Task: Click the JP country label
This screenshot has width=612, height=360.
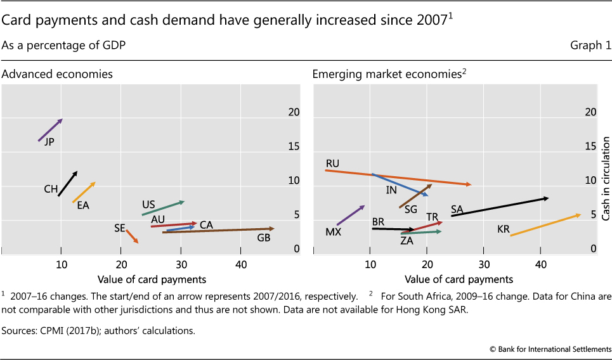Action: click(49, 142)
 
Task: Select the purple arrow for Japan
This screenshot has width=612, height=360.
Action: click(50, 130)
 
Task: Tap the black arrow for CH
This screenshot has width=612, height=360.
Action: click(67, 184)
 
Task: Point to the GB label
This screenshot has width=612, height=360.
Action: click(264, 238)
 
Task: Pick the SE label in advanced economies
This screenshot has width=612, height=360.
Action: click(119, 228)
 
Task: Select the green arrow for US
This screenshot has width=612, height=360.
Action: click(163, 209)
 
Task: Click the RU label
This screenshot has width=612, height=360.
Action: click(332, 164)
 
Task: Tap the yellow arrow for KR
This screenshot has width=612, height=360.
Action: click(545, 225)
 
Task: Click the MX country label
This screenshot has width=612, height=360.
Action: click(334, 232)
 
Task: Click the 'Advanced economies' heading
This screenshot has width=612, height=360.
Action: click(57, 74)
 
